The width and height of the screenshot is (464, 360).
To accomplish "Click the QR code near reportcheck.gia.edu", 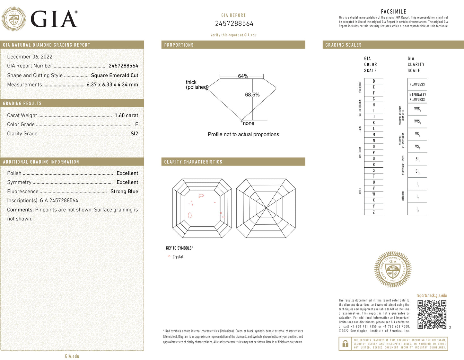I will click(x=432, y=314).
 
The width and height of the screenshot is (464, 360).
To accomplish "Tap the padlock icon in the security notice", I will click(x=345, y=344).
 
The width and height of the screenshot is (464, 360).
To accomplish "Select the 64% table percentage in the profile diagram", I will click(x=243, y=76).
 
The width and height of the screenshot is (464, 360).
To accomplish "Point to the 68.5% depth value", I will click(x=252, y=95).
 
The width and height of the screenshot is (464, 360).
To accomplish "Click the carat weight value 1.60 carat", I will click(x=126, y=115).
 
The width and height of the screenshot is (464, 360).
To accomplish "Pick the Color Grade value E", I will click(x=136, y=124).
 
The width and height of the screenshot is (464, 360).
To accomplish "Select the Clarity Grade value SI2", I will click(x=134, y=134).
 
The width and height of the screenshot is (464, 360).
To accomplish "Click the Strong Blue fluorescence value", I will click(x=124, y=192).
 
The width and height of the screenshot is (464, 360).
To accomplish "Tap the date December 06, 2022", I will click(x=30, y=57).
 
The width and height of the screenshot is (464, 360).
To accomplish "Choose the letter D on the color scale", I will click(x=374, y=81).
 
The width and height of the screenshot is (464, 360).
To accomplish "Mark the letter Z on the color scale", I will click(x=374, y=212).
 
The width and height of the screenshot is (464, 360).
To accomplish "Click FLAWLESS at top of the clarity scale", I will click(x=417, y=85).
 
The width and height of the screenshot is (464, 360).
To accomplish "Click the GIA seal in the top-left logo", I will click(x=13, y=19).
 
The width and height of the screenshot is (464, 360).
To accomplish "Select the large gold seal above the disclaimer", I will click(x=393, y=269).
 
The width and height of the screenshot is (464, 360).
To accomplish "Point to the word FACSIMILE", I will click(x=393, y=12).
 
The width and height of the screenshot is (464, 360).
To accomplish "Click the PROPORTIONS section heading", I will click(x=179, y=45).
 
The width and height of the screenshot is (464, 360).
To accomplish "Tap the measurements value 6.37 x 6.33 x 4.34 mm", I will click(x=112, y=85).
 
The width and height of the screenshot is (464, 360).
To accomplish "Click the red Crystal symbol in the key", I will click(x=169, y=256).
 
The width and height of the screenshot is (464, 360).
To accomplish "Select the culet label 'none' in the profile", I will click(x=249, y=123).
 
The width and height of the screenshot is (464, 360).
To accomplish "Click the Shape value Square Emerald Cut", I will click(x=114, y=76).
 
